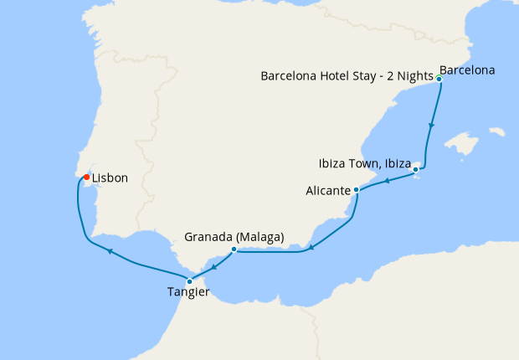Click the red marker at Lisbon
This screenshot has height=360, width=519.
coord(86,177)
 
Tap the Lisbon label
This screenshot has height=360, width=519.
coord(110,178)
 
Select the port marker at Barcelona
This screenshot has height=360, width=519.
coord(439,79)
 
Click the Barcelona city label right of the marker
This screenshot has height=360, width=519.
coord(467,70)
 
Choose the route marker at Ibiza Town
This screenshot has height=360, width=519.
coord(416,171)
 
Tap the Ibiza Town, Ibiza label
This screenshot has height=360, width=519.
coord(364,162)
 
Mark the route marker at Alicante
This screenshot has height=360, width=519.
coord(357,190)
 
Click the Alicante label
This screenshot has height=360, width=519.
coord(328,191)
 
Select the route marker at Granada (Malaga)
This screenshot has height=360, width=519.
coord(234,249)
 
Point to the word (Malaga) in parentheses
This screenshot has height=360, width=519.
coord(260,237)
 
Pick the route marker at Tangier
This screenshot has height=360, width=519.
coord(190,281)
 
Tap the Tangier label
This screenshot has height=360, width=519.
coord(189,293)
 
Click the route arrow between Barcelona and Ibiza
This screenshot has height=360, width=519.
coord(431,126)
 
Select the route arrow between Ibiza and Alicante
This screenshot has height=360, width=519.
coord(387,181)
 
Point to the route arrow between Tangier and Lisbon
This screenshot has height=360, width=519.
coord(108,249)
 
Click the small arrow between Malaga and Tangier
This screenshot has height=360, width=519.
coord(213,266)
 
